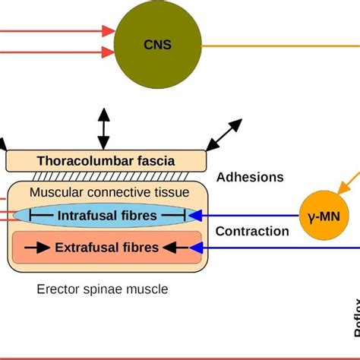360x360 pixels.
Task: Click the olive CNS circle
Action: [x=158, y=45]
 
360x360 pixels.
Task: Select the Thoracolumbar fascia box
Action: [x=106, y=161]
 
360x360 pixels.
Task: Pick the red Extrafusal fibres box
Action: [x=106, y=248]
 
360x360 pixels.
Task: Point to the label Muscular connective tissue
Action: [x=106, y=193]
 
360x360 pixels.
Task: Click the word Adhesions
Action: [x=250, y=177]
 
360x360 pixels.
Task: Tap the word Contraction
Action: [x=252, y=232]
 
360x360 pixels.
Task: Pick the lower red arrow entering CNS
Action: [x=61, y=52]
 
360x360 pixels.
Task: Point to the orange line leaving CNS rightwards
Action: [x=281, y=46]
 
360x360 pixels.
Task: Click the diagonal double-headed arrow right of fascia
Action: [x=226, y=135]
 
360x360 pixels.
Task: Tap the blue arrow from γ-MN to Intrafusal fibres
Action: [x=243, y=216]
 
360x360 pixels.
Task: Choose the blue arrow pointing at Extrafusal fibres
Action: [x=273, y=248]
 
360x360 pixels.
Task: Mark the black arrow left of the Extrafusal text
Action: [x=43, y=248]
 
